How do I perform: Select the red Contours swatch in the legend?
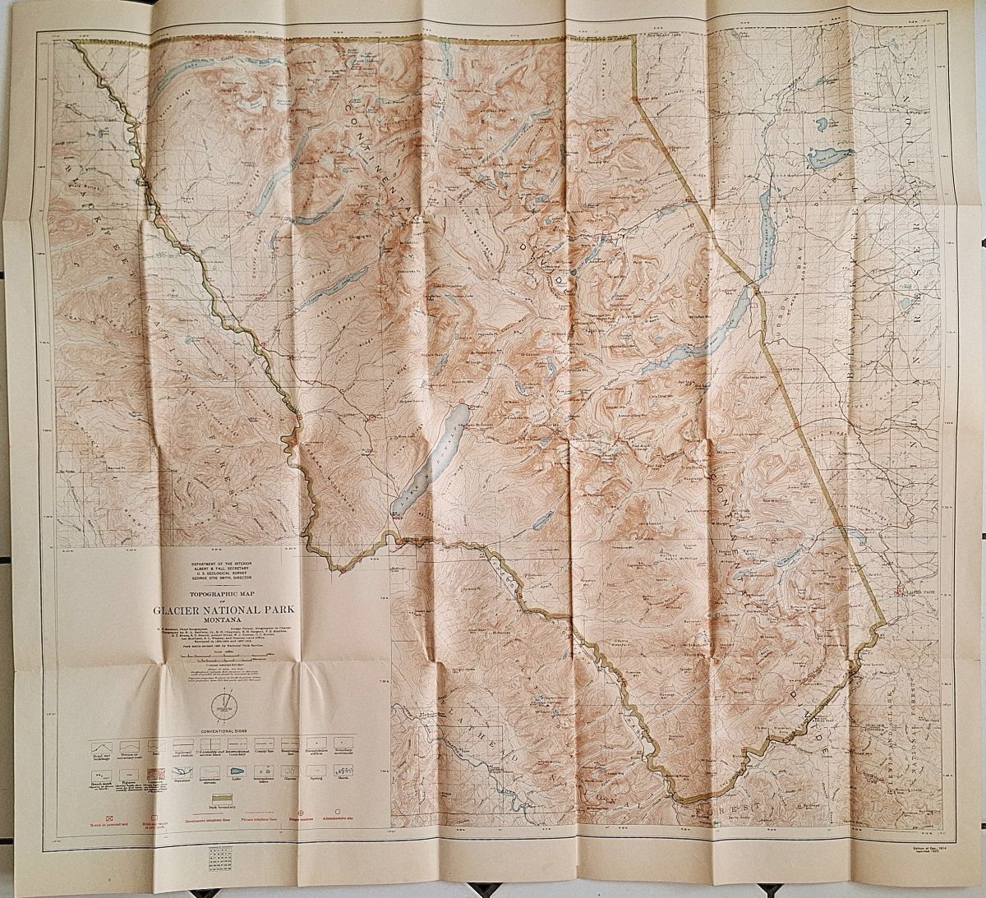(x=158, y=773)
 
